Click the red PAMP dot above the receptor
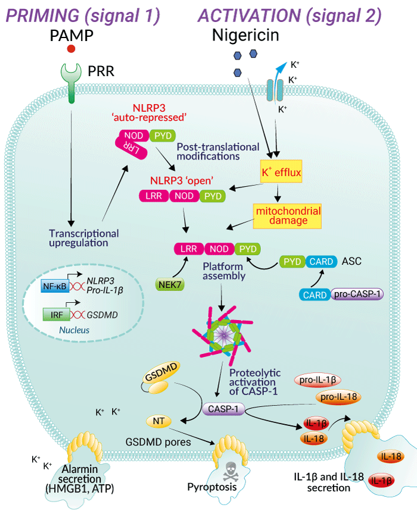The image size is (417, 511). click(71, 49)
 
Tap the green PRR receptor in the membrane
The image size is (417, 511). click(72, 80)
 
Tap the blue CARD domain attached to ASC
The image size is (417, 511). click(322, 261)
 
